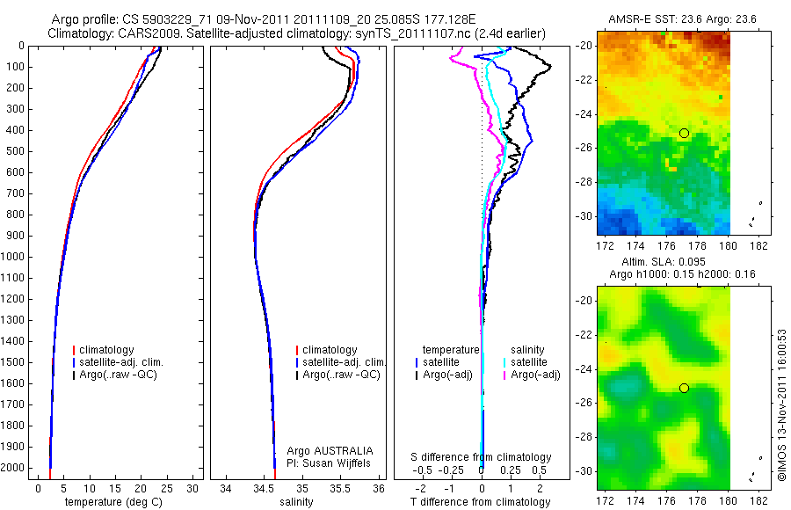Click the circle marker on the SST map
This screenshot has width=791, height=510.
(684, 133)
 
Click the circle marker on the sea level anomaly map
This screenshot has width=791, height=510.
(684, 388)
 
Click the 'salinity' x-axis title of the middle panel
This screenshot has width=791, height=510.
(295, 502)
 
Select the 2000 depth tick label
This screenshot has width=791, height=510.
(16, 469)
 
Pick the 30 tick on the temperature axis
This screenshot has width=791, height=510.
(193, 488)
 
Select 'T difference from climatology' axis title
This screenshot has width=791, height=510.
(481, 502)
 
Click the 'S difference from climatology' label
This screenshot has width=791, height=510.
(482, 457)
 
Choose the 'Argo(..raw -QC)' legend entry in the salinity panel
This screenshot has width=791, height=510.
(341, 375)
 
